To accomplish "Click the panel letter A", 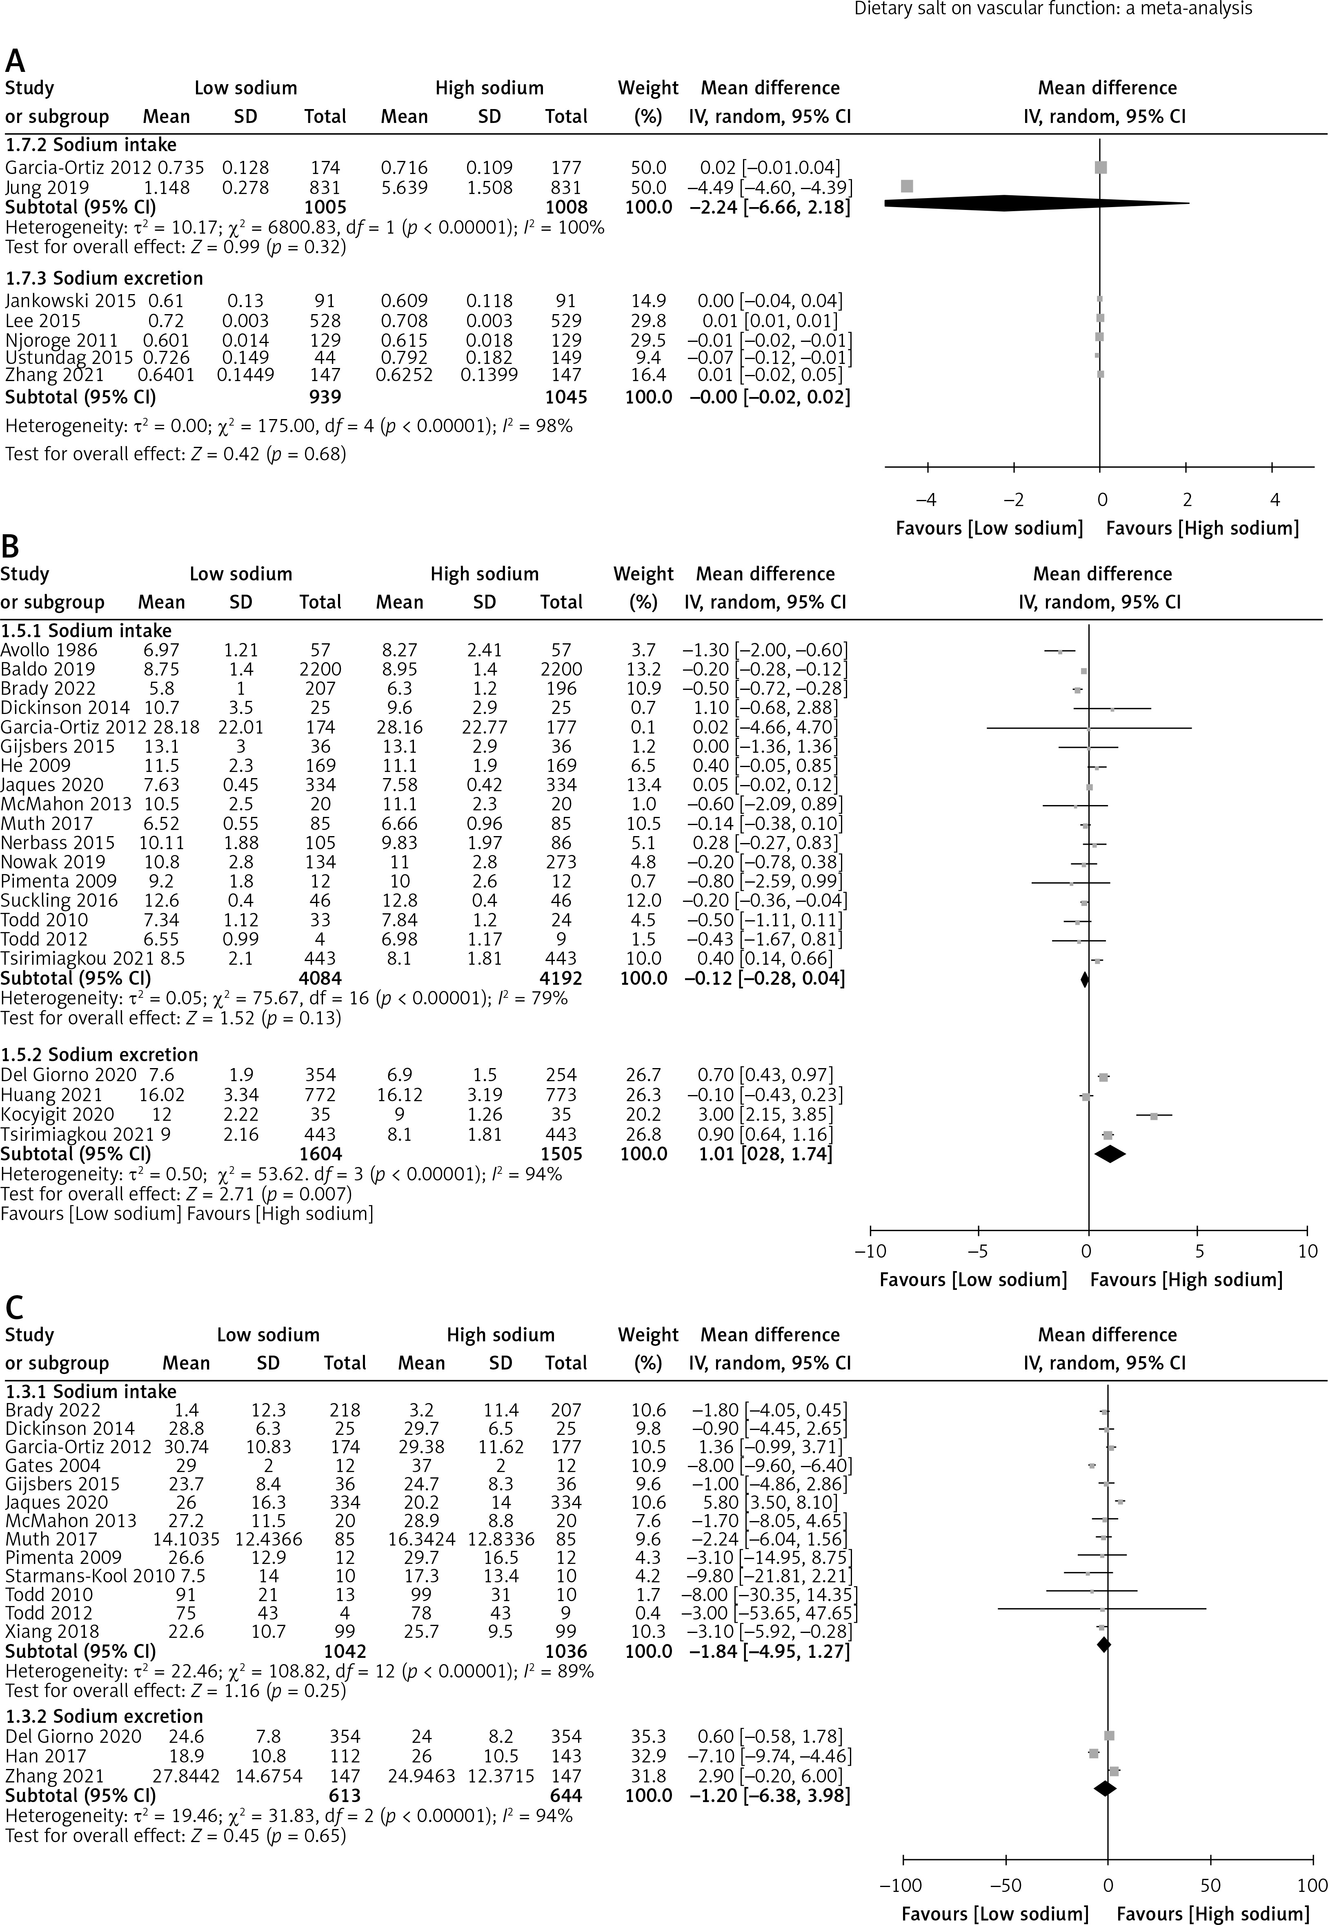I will [x=15, y=61].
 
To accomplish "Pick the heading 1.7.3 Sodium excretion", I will [x=104, y=278].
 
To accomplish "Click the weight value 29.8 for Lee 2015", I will [x=648, y=320].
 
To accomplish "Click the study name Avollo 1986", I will [x=48, y=650].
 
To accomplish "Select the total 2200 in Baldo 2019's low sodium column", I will [x=320, y=669].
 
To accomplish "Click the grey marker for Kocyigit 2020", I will [x=1153, y=1115].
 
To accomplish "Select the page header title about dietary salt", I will [x=1052, y=9].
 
